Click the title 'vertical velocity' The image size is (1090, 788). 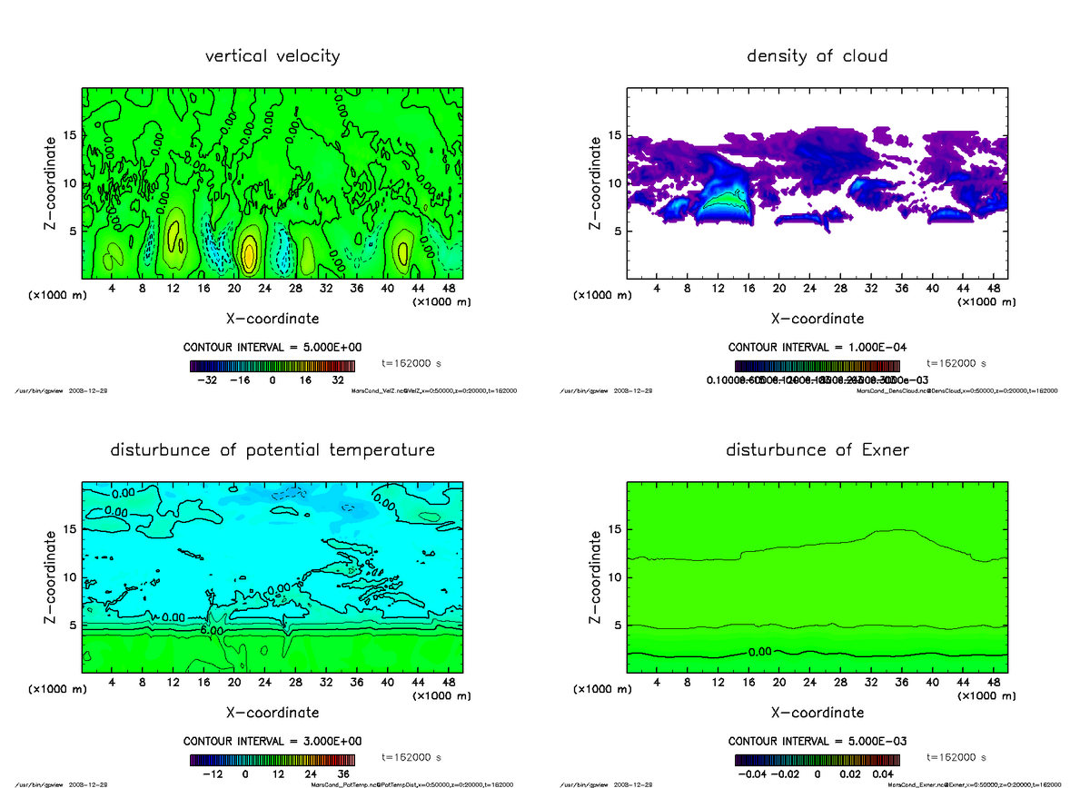tap(272, 56)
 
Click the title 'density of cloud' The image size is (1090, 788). tap(817, 56)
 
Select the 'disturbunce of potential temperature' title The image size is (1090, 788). tap(272, 450)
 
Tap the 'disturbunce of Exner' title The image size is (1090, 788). tap(817, 450)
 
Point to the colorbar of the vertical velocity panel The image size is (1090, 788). tap(272, 366)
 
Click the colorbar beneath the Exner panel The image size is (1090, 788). tap(817, 760)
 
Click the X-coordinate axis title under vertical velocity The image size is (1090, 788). tap(272, 319)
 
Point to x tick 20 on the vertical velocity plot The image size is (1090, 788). tap(234, 289)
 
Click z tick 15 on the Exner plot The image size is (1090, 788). tap(614, 529)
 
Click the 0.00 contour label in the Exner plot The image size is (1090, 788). tap(761, 652)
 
